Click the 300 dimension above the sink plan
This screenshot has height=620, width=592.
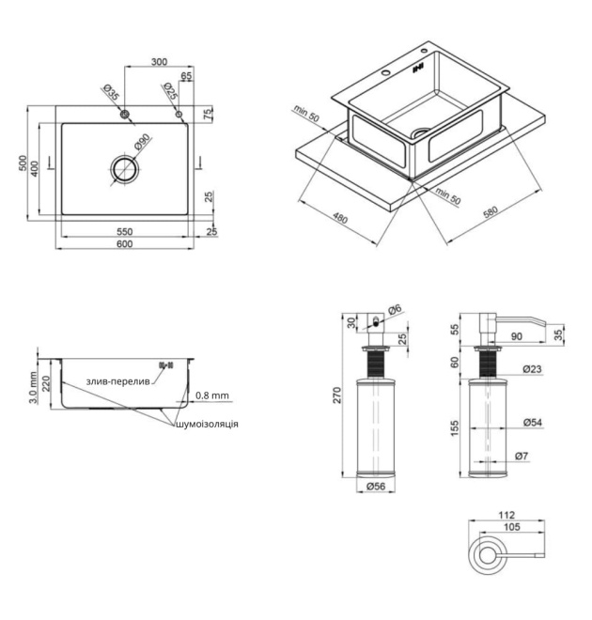point(159,62)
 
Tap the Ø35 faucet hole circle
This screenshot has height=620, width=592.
point(125,115)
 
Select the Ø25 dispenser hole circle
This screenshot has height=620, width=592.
point(179,115)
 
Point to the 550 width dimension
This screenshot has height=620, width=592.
point(125,232)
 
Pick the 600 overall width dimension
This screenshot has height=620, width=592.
point(125,244)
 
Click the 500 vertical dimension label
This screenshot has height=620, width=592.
point(23,163)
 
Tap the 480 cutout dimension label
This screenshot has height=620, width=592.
point(340,218)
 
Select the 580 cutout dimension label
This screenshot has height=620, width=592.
point(491,212)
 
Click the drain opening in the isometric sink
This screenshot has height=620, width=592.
point(420,132)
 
